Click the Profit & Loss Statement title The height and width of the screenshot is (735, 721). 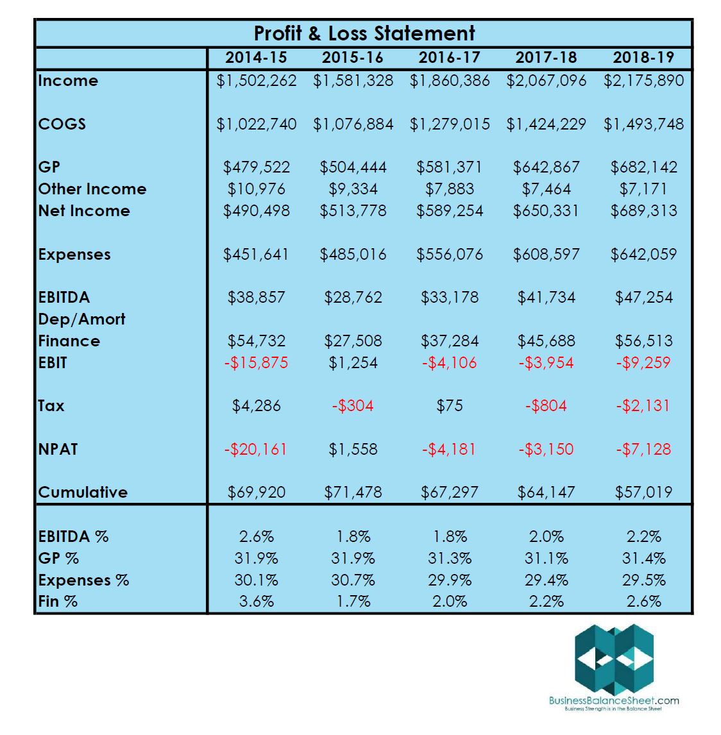(x=364, y=33)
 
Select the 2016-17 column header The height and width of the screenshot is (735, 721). (x=449, y=58)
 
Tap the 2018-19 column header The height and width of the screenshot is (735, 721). (x=643, y=58)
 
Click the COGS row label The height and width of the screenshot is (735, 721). (x=62, y=124)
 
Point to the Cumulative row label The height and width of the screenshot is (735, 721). (x=83, y=492)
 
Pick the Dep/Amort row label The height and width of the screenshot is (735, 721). (x=81, y=319)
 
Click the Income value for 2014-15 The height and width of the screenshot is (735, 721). (x=257, y=81)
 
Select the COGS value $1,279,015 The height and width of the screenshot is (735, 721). (x=450, y=124)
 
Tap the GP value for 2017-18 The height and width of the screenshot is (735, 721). (x=546, y=167)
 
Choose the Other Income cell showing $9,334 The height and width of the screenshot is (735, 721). (x=353, y=189)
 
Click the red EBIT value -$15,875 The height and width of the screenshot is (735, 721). (x=256, y=362)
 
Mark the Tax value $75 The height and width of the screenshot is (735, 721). (x=449, y=405)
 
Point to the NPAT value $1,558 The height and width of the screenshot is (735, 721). (x=353, y=449)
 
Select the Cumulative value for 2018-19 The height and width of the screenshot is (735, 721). (x=643, y=492)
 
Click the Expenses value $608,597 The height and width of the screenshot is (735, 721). (x=546, y=254)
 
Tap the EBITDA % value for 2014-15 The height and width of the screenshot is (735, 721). (x=256, y=536)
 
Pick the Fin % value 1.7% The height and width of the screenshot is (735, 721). (x=353, y=601)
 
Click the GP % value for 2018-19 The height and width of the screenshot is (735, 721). (x=643, y=558)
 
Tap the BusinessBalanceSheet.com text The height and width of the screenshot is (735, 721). (x=614, y=700)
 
